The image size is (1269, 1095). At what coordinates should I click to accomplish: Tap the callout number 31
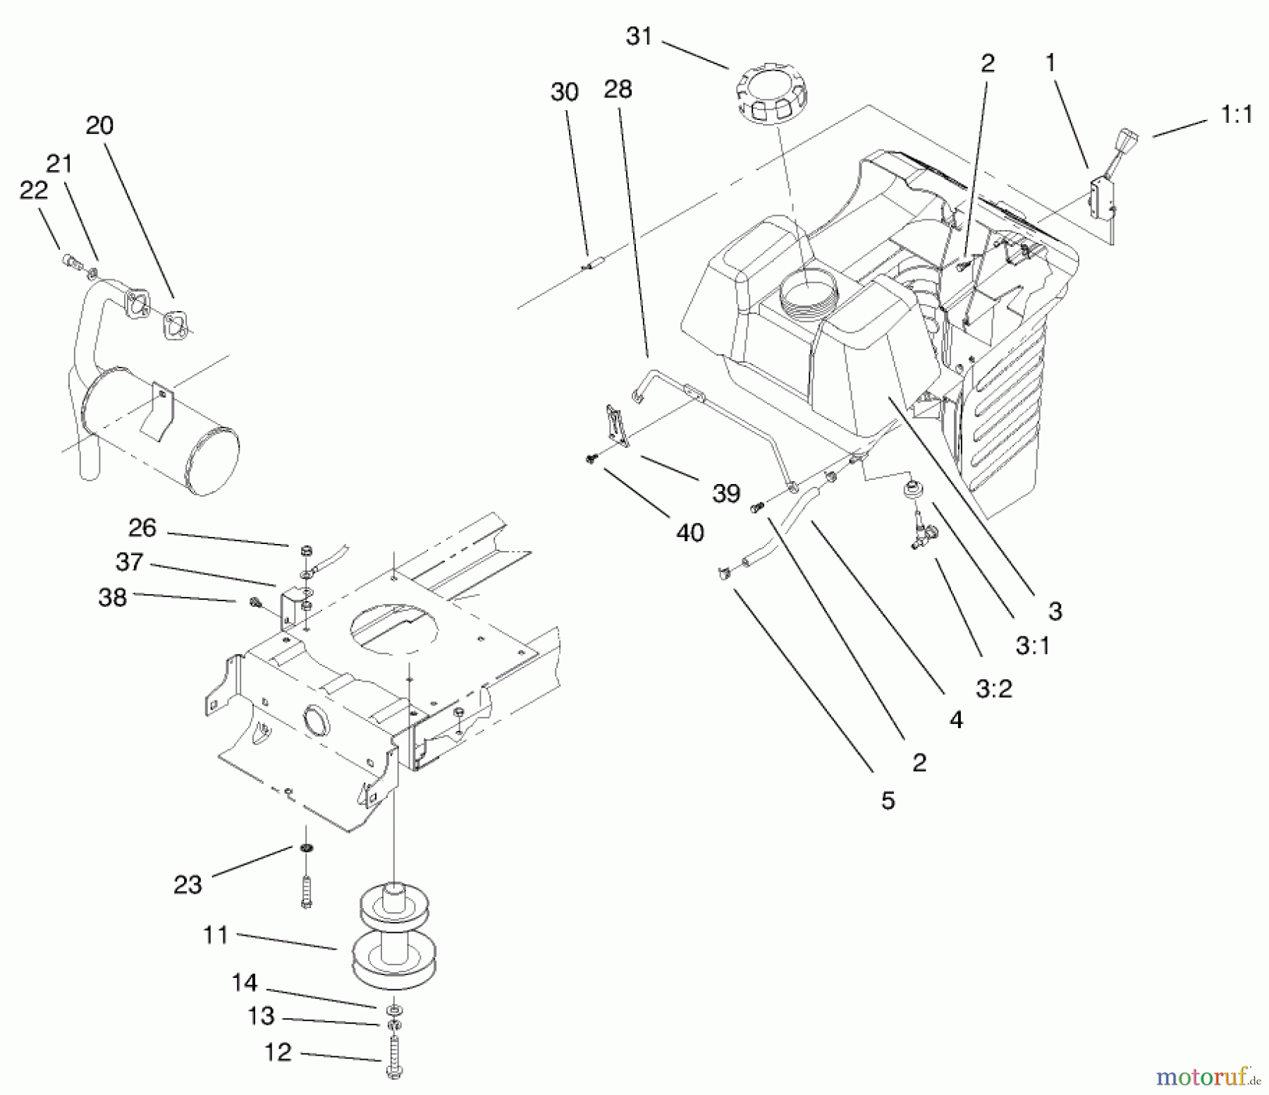[639, 36]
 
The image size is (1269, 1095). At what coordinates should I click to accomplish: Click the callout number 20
[99, 126]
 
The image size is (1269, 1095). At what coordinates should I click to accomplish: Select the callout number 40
[689, 533]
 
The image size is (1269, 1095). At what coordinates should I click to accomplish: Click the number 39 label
[726, 493]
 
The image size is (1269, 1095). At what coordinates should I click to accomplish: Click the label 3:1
[1033, 645]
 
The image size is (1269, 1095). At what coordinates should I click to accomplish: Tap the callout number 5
[888, 801]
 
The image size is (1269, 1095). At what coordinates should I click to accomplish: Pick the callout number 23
[188, 885]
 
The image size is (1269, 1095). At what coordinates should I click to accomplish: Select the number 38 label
[112, 597]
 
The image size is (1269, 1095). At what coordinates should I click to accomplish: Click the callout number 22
[33, 190]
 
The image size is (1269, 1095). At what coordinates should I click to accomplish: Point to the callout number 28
[618, 90]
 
